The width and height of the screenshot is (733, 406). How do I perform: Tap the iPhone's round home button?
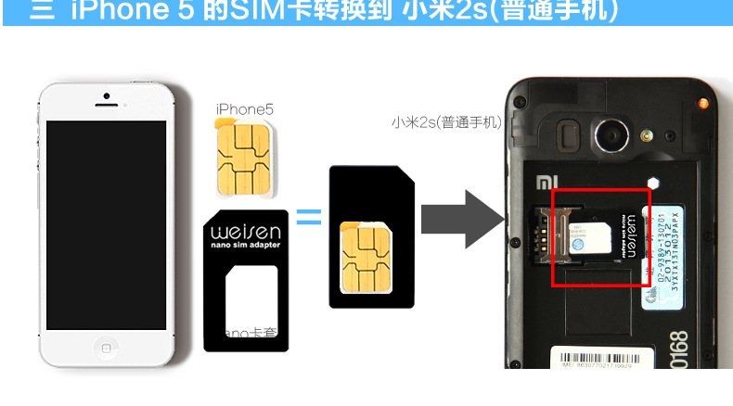coord(106,348)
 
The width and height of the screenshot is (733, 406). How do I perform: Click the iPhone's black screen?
coord(106,224)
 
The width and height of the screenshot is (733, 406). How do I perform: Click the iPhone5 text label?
coord(244,109)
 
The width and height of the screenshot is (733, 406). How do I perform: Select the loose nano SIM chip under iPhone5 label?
coord(245,158)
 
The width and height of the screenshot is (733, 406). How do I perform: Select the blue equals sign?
coord(308,219)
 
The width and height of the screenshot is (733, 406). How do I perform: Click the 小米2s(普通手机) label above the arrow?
coord(445,121)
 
